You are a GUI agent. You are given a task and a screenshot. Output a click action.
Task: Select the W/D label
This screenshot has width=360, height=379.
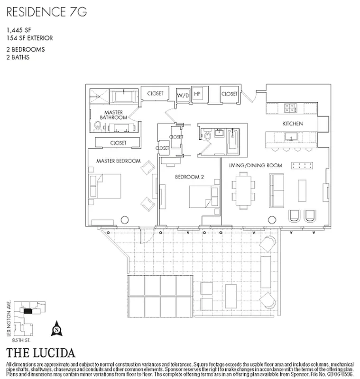pos(183,95)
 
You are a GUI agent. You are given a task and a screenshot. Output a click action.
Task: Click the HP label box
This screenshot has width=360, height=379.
pos(197,94)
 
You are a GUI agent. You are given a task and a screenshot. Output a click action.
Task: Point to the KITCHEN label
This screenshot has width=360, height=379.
pos(293,124)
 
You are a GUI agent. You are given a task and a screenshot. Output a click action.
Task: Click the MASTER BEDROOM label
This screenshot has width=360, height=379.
pos(118,161)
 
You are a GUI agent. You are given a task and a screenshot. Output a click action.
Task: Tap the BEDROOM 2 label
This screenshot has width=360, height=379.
pos(189,177)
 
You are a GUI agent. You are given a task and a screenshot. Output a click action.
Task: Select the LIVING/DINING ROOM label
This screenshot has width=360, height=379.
pos(256,165)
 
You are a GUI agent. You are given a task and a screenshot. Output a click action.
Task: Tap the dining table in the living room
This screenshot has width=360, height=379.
pos(244,190)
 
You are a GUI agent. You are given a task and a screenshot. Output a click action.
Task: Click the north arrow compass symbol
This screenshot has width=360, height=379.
pos(57,326)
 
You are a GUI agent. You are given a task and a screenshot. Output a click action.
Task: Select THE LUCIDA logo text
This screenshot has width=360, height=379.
pos(40,353)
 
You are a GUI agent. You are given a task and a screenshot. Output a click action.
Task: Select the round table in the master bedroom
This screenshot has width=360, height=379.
pos(125,219)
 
